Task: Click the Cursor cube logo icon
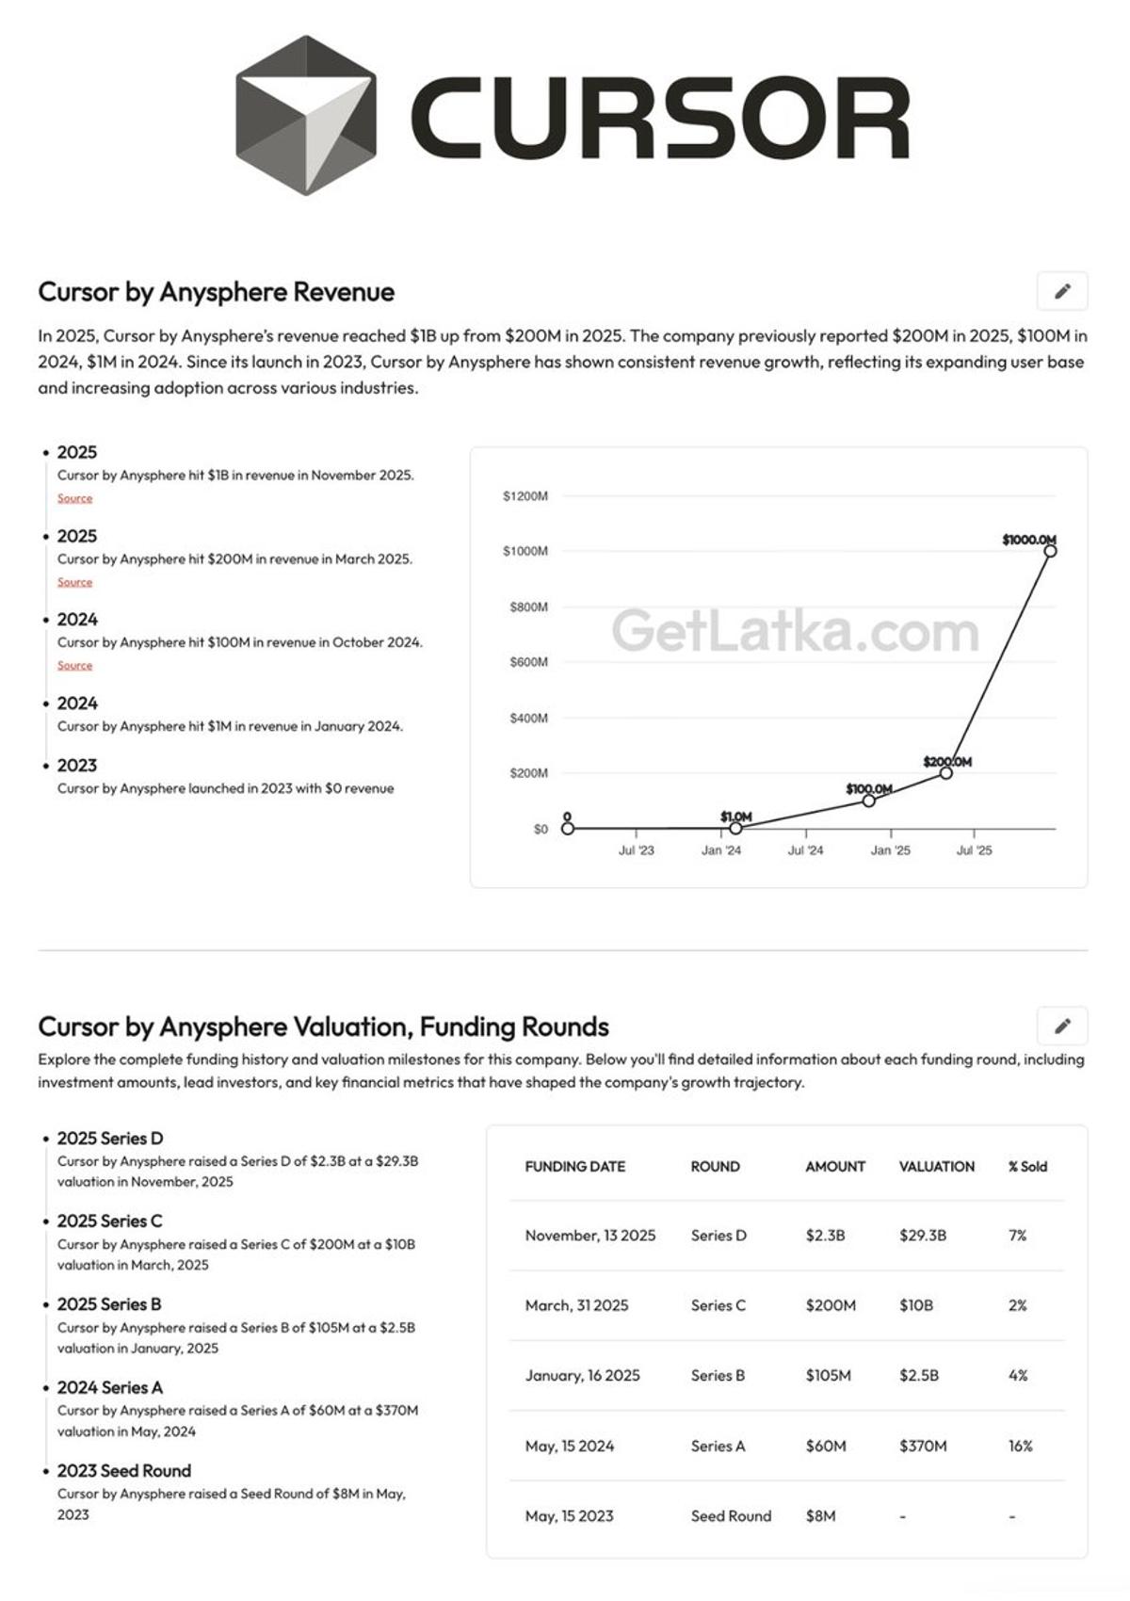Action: [x=305, y=116]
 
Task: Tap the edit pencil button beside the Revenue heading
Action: [x=1061, y=291]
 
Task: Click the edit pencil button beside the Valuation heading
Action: [x=1061, y=1026]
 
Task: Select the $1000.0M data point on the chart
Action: [x=1050, y=551]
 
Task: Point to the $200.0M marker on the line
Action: [x=945, y=773]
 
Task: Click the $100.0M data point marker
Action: [x=869, y=800]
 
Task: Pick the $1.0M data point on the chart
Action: [x=735, y=828]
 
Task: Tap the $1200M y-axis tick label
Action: [x=525, y=496]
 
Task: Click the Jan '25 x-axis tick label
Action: [x=890, y=850]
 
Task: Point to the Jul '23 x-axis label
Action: [x=636, y=850]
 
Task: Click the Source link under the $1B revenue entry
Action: [x=74, y=498]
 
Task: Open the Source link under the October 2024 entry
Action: [x=74, y=666]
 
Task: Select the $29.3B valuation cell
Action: [x=922, y=1236]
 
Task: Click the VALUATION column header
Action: [x=936, y=1166]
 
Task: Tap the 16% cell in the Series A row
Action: [x=1020, y=1446]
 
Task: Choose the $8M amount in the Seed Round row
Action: [x=820, y=1516]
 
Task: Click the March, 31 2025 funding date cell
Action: [x=576, y=1305]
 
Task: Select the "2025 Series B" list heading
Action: [x=109, y=1304]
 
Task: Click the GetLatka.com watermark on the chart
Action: [x=795, y=631]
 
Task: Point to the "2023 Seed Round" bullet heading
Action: [x=123, y=1471]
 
